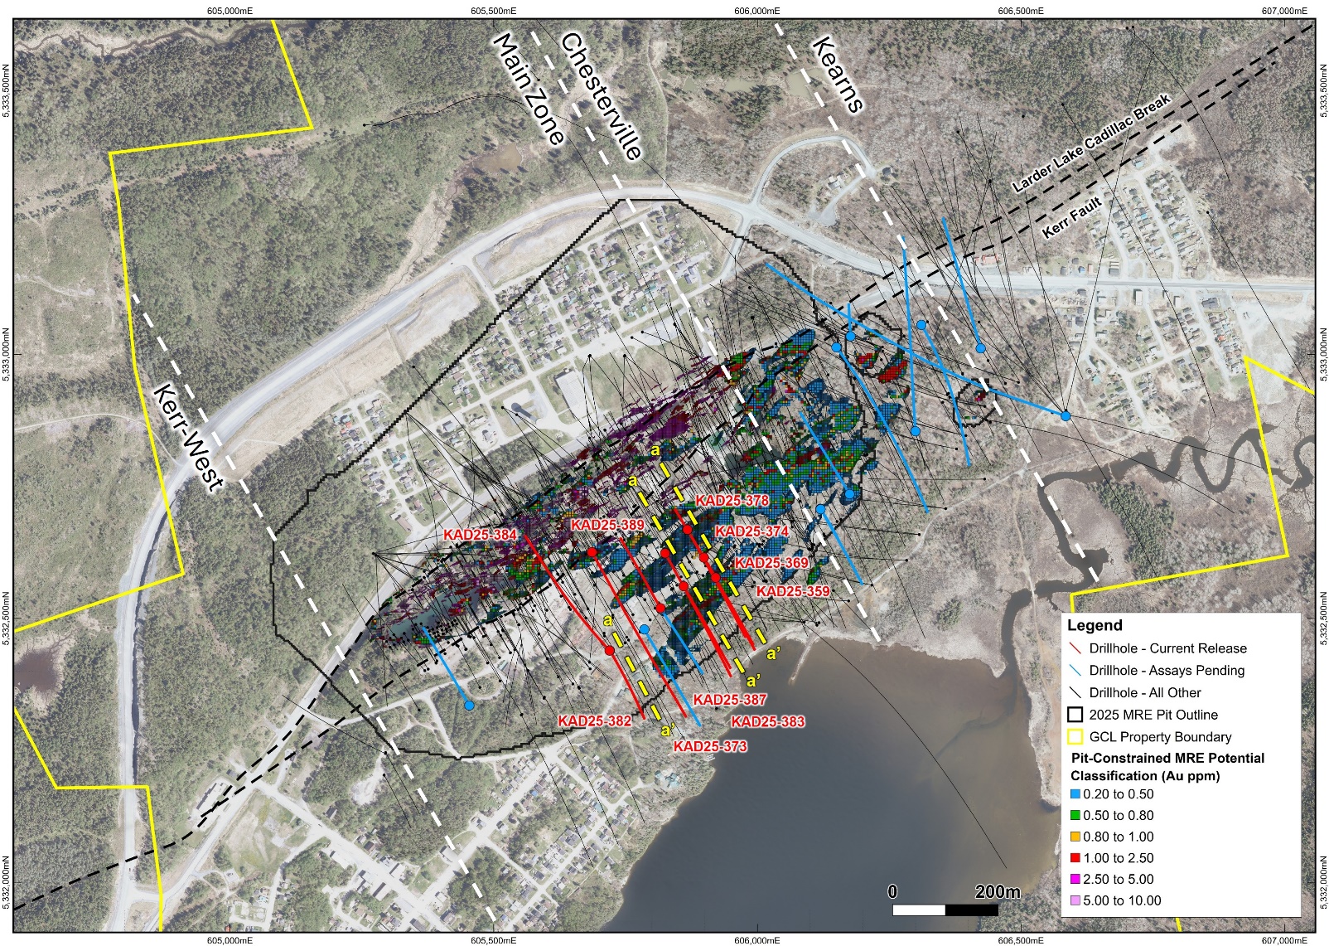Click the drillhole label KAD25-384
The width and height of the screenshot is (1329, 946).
click(480, 535)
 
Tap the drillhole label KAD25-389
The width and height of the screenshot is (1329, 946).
click(607, 525)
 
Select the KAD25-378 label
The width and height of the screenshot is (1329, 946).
click(732, 501)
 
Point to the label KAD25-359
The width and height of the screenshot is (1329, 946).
click(793, 591)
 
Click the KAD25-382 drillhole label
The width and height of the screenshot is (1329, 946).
click(594, 720)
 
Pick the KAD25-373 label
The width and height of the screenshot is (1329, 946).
click(710, 746)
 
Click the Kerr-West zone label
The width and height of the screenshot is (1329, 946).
click(188, 437)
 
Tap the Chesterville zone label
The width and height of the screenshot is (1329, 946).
click(602, 95)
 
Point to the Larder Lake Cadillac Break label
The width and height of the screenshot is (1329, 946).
click(1091, 143)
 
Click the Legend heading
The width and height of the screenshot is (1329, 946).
click(1095, 625)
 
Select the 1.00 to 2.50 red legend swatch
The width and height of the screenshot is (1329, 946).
click(1075, 858)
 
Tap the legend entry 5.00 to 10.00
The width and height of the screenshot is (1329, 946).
click(1122, 900)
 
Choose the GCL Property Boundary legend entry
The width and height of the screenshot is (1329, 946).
click(1160, 736)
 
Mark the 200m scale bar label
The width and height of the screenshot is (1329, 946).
click(998, 892)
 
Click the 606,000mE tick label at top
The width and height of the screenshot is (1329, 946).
click(756, 11)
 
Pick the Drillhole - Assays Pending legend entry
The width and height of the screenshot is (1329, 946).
click(1167, 670)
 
